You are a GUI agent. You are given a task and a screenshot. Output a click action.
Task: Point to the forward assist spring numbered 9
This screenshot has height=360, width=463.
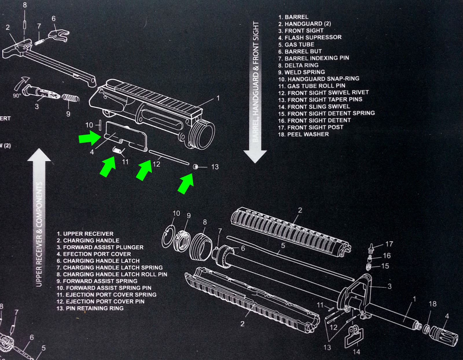(x=70, y=99)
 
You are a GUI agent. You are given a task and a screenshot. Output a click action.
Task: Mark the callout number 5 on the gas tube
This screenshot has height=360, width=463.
(x=283, y=245)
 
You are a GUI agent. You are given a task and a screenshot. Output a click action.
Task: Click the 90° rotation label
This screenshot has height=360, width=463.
(x=17, y=95)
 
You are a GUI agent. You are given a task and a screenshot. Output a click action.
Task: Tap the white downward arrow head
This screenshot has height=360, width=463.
(x=255, y=156)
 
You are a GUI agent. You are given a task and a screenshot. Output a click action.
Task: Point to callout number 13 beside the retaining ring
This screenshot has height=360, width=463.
(x=215, y=167)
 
